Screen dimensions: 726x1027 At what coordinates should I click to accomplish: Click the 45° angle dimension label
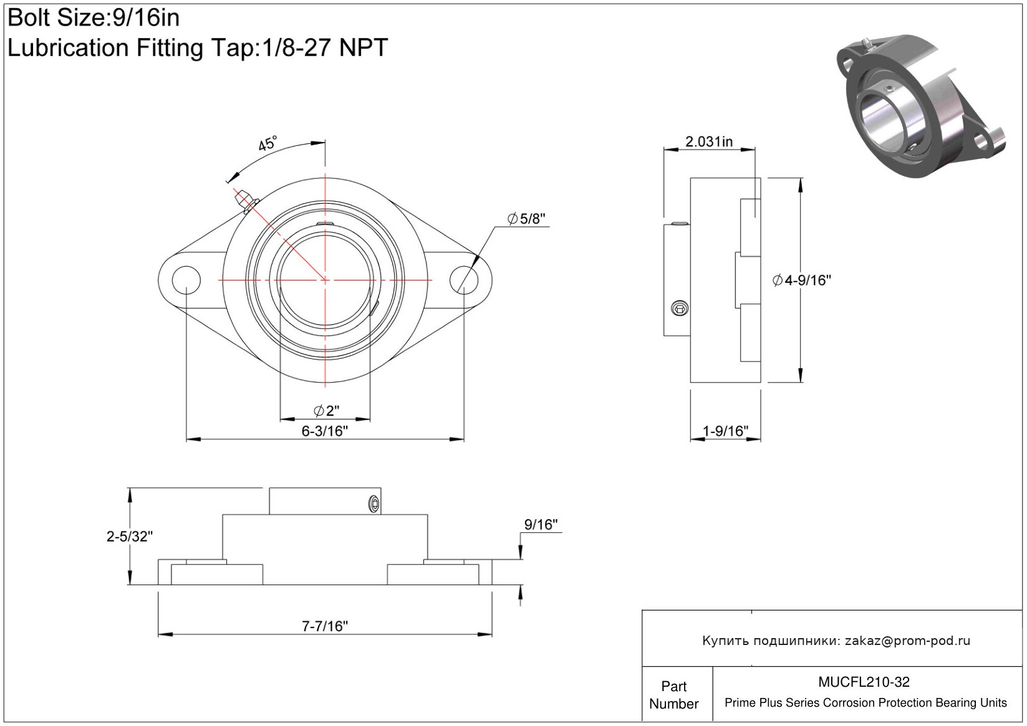[268, 144]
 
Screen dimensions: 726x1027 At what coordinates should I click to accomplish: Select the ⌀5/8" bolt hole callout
[527, 219]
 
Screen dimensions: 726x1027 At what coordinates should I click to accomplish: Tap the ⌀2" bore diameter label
[326, 411]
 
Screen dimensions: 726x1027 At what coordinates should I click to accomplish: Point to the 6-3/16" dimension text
[324, 431]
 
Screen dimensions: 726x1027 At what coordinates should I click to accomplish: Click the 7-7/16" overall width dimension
[324, 626]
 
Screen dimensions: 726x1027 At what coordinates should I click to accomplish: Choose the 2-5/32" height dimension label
[129, 536]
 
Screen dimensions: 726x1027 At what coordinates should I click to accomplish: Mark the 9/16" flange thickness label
[541, 525]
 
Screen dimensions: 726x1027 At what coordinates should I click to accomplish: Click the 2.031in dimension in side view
[709, 141]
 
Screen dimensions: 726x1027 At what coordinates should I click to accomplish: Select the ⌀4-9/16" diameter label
[802, 280]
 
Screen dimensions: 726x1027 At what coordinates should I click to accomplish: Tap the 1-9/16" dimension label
[725, 431]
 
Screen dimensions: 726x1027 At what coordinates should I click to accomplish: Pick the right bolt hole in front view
[464, 280]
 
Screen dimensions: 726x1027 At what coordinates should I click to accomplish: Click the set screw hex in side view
[680, 307]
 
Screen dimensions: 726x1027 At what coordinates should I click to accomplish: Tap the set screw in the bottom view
[374, 504]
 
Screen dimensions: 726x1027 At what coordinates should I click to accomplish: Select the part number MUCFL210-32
[864, 682]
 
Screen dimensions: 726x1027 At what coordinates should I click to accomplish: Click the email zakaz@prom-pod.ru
[907, 641]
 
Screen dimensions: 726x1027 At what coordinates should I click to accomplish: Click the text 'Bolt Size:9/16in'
[94, 18]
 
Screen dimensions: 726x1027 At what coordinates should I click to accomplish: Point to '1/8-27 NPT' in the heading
[324, 47]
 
